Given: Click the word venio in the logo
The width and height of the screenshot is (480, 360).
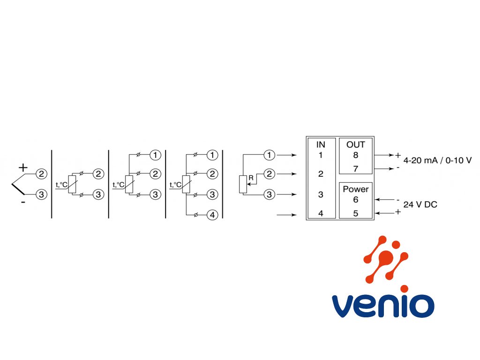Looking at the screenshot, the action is [x=383, y=306].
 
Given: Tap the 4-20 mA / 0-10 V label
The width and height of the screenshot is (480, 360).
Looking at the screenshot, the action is [x=437, y=160].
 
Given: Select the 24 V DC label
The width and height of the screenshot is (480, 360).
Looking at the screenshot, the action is [x=420, y=204].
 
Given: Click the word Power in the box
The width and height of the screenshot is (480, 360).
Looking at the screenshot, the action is [x=355, y=189].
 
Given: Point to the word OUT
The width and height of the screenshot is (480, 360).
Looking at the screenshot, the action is [x=355, y=144].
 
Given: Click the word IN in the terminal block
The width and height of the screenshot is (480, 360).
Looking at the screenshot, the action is [x=321, y=144].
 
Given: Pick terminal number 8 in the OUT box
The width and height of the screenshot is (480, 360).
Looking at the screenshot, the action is [x=355, y=155].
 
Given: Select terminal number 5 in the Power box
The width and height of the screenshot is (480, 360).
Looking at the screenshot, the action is [x=355, y=213].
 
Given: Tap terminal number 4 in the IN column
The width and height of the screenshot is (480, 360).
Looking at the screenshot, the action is [x=321, y=213].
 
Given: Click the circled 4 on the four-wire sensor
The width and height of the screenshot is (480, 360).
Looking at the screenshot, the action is [x=212, y=215].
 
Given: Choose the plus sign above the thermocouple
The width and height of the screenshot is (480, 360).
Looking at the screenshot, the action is [x=23, y=167].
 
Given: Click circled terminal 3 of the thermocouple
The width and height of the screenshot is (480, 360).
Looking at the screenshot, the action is [x=41, y=195].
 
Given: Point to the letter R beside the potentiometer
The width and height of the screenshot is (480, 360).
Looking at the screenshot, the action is [x=251, y=178].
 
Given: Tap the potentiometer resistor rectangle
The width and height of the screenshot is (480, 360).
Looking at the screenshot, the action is [x=243, y=184].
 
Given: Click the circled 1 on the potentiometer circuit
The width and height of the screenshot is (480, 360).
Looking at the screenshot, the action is [x=270, y=155].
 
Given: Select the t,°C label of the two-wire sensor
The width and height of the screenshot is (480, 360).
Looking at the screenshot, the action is [x=61, y=185].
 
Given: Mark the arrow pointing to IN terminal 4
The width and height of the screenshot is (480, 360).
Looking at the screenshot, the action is [x=286, y=215].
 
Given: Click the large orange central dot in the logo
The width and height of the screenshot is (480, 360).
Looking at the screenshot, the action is [x=386, y=257].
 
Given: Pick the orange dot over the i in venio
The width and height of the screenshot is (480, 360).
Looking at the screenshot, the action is [x=404, y=289].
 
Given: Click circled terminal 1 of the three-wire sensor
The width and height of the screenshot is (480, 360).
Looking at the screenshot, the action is [x=155, y=155].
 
